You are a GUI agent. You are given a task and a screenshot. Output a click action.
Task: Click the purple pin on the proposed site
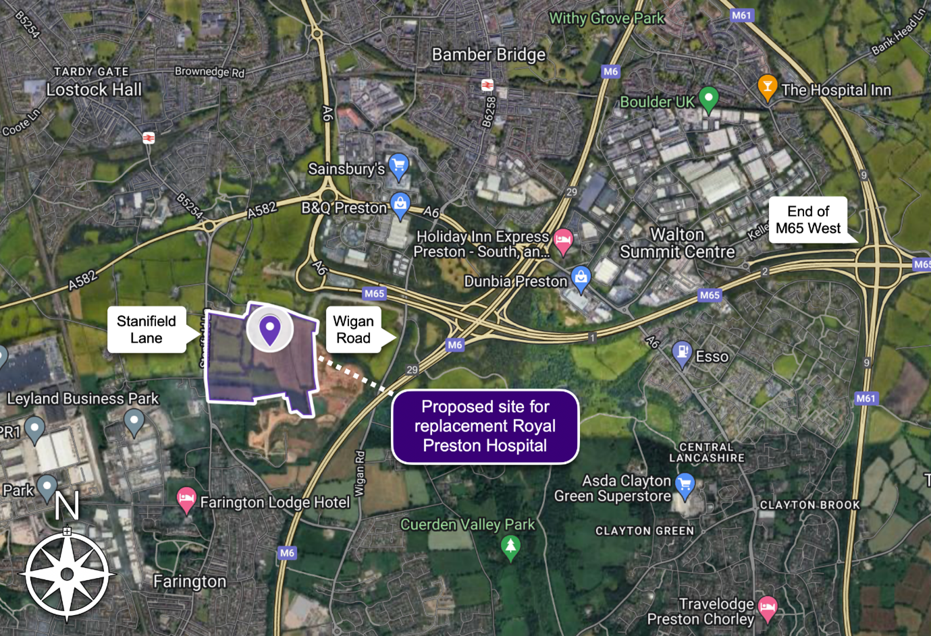(x=270, y=330)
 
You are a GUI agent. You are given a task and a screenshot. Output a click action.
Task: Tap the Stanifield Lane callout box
(x=147, y=330)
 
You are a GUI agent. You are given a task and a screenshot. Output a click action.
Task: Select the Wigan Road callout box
(x=353, y=330)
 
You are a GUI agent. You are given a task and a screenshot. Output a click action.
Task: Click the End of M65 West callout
(x=808, y=220)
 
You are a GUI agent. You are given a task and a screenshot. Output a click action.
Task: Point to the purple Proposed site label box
(x=485, y=426)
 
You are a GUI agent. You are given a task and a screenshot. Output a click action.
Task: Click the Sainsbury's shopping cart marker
(x=399, y=166)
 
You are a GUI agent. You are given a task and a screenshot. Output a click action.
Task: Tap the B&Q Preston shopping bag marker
(x=400, y=205)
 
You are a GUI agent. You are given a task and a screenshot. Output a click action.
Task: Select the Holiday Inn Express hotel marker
(x=563, y=240)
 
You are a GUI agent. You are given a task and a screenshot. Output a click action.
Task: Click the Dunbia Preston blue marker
(x=581, y=278)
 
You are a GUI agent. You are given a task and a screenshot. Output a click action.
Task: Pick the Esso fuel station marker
(x=682, y=353)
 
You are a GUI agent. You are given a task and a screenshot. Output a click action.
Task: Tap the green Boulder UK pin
(x=708, y=98)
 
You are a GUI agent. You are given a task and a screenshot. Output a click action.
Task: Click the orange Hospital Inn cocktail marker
(x=767, y=88)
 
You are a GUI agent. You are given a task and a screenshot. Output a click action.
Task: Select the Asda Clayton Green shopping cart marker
(x=685, y=486)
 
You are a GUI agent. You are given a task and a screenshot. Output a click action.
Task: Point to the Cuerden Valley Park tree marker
(x=510, y=546)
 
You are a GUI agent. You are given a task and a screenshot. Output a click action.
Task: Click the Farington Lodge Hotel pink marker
(x=186, y=500)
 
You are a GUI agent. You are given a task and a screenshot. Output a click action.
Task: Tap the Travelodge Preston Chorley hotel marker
(x=767, y=607)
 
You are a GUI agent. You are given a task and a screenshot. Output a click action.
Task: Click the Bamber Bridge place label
(x=489, y=55)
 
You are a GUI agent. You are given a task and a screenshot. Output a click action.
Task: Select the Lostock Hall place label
(x=94, y=90)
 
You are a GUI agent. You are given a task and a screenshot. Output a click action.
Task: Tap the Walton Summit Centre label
(x=677, y=243)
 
